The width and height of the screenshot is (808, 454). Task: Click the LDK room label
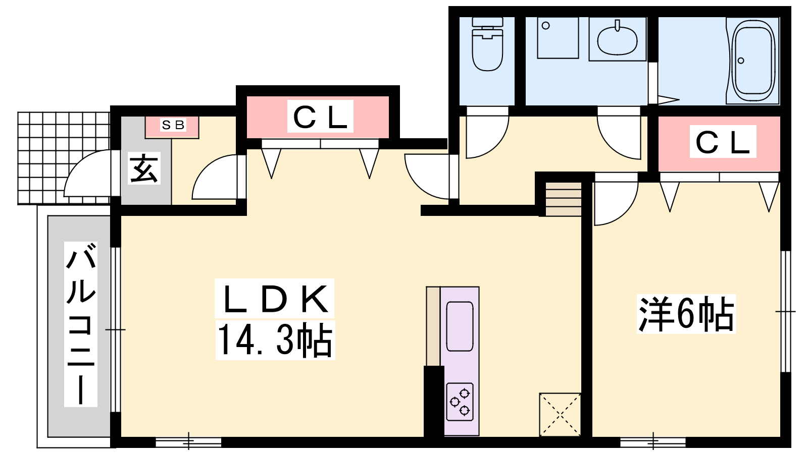[275, 299]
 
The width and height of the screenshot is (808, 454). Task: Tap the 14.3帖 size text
[275, 340]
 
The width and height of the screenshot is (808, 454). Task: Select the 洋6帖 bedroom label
[686, 314]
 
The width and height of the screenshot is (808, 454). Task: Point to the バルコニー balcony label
[81, 324]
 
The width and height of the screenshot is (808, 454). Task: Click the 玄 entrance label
[144, 168]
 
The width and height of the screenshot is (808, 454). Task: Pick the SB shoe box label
[173, 125]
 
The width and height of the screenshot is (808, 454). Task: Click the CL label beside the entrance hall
[320, 116]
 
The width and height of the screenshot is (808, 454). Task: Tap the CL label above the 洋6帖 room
[723, 141]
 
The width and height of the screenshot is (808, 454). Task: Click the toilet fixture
[487, 43]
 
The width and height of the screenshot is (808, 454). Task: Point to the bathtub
[753, 60]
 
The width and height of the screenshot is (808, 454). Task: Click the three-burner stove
[460, 402]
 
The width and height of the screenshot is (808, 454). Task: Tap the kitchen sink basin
[460, 326]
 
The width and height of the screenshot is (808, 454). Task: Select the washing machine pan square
[558, 37]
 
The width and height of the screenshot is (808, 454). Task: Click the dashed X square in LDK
[560, 415]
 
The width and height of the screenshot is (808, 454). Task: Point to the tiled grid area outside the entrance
[64, 158]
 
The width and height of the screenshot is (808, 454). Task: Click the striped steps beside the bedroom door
[563, 199]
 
